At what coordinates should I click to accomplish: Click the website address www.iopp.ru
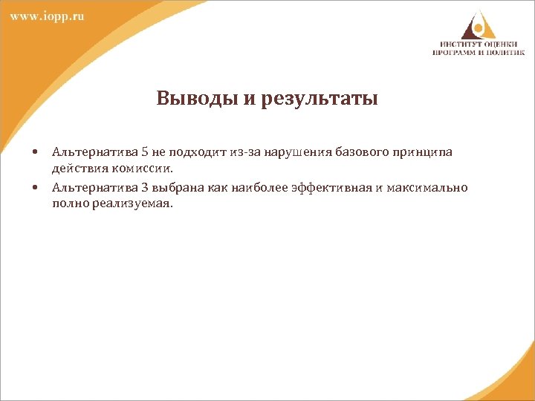(x=47, y=16)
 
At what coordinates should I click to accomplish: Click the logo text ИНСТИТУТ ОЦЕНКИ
(x=479, y=45)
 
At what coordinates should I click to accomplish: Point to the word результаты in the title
(x=320, y=99)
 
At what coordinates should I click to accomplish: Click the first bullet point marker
(x=35, y=152)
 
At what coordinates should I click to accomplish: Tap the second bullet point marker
(x=35, y=188)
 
